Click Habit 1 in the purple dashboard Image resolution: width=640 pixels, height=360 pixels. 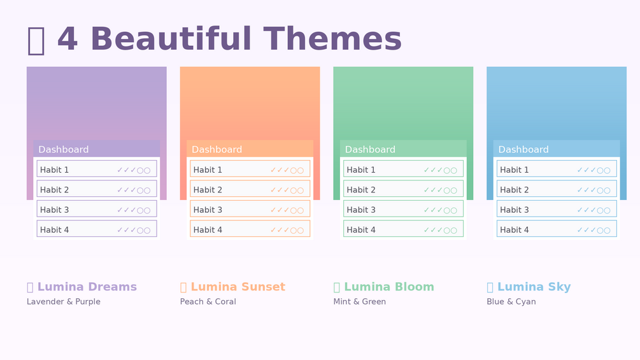point(54,169)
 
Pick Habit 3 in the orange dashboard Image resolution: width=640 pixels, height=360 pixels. point(208,210)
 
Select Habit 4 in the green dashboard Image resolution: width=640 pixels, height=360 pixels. point(361,230)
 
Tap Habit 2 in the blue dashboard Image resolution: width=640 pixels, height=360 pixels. point(515,190)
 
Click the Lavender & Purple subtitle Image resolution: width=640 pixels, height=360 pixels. point(63,301)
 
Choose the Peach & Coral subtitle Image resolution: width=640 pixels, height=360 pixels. point(208,301)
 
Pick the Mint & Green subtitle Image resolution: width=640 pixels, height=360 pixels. point(360,301)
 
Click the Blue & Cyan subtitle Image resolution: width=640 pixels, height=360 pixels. point(511,302)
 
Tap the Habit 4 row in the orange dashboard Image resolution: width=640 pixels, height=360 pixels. point(250,229)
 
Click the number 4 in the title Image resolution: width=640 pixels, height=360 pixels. point(68,39)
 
